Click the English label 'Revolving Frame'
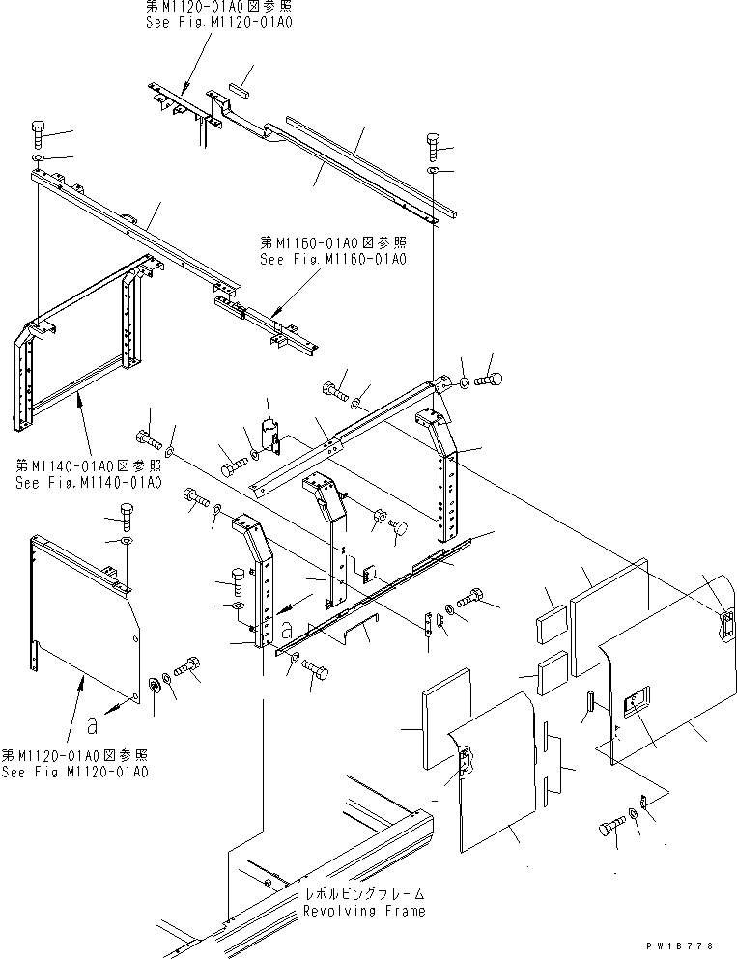click(363, 910)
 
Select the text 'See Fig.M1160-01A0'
click(333, 259)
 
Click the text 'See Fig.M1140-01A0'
click(88, 482)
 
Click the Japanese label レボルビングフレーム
click(363, 894)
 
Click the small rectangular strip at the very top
click(239, 87)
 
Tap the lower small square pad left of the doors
click(553, 669)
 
